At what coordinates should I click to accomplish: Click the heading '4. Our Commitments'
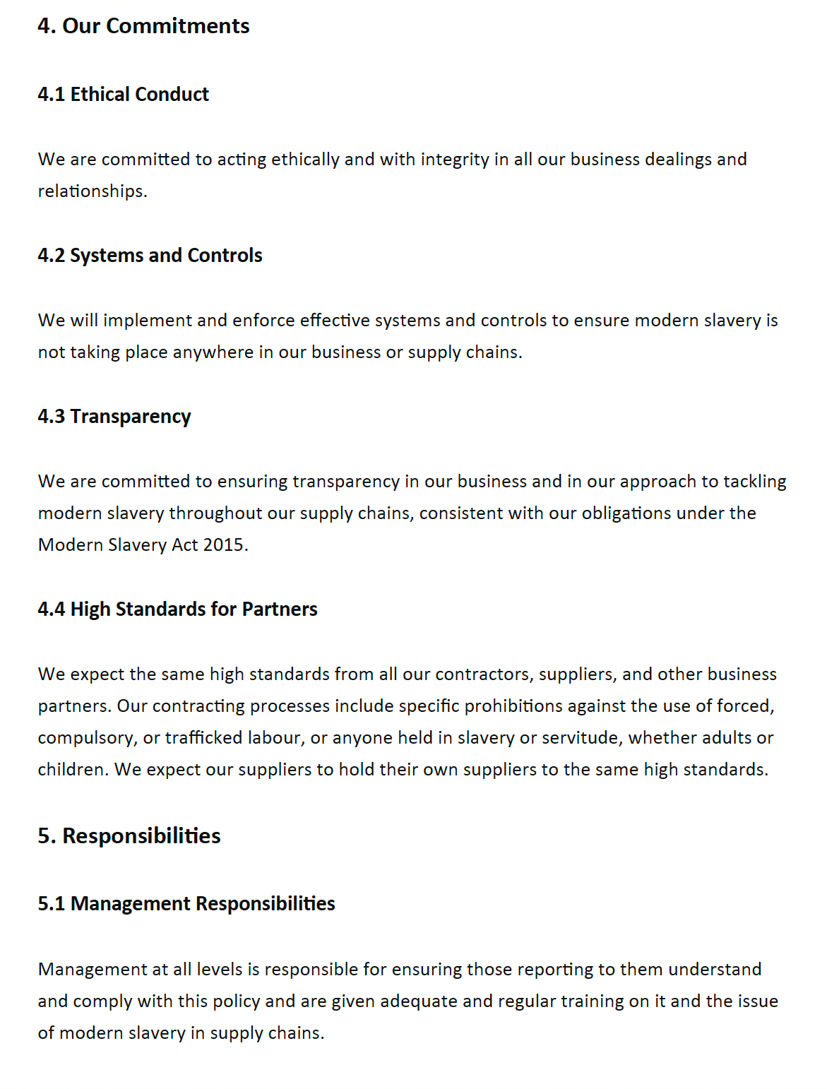point(143,26)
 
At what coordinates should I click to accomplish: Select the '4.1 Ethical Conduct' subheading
point(124,95)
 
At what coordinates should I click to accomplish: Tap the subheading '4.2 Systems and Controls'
point(150,256)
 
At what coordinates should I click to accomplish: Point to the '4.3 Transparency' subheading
point(114,417)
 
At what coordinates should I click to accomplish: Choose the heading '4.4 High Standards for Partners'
point(177,609)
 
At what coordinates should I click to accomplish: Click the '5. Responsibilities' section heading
point(129,836)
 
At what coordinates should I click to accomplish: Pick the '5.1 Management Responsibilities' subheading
point(186,904)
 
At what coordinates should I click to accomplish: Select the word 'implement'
point(148,321)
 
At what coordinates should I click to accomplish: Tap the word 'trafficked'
point(203,738)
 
